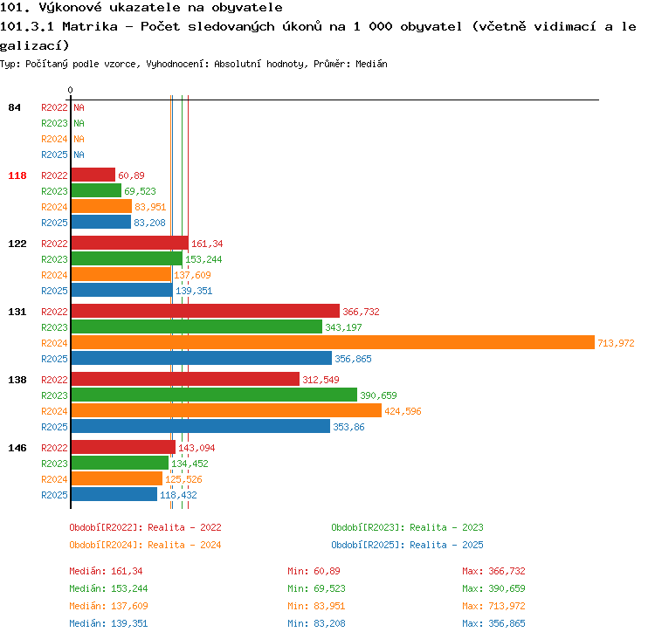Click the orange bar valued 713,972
(x=333, y=342)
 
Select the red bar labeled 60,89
(x=93, y=175)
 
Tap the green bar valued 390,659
(x=214, y=395)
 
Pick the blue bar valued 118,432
(x=114, y=494)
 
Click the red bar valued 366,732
(x=205, y=311)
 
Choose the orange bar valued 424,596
(x=226, y=410)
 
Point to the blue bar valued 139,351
(x=122, y=290)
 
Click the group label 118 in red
(x=17, y=175)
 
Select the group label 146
(x=17, y=448)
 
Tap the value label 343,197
(x=343, y=327)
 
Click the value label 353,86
(x=348, y=427)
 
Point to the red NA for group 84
(x=79, y=107)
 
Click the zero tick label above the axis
(x=70, y=90)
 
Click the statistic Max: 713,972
(x=493, y=606)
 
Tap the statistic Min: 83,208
(x=317, y=623)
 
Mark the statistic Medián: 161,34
(x=106, y=571)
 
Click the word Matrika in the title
(x=90, y=27)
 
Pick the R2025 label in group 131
(x=54, y=359)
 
